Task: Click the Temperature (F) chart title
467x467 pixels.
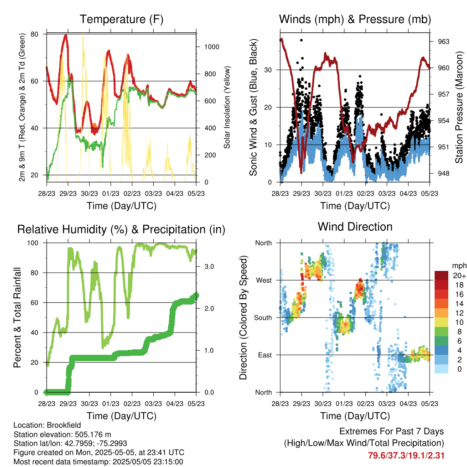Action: (x=121, y=19)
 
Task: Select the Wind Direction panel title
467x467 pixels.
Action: (x=355, y=227)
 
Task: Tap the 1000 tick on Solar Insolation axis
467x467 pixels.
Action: (x=212, y=47)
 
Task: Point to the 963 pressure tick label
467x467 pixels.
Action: (x=443, y=42)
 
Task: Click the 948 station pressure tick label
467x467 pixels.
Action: (x=443, y=173)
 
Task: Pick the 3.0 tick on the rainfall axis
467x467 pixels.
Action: (x=209, y=266)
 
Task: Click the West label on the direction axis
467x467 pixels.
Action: (x=264, y=280)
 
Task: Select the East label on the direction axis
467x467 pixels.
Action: (x=265, y=355)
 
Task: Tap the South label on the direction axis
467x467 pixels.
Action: (x=263, y=318)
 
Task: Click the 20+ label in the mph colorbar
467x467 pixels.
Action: (x=459, y=275)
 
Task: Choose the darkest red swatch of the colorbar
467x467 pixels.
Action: (x=441, y=275)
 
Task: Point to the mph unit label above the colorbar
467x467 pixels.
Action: (x=459, y=266)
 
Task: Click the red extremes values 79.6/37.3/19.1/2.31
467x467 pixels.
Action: (x=406, y=456)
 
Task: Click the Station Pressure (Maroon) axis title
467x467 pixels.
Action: (x=459, y=107)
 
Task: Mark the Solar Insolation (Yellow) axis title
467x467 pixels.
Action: (x=227, y=107)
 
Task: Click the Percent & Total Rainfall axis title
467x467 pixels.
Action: (x=17, y=317)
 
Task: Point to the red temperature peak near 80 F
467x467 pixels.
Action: (x=66, y=36)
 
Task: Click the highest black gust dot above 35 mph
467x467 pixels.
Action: (x=301, y=40)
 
